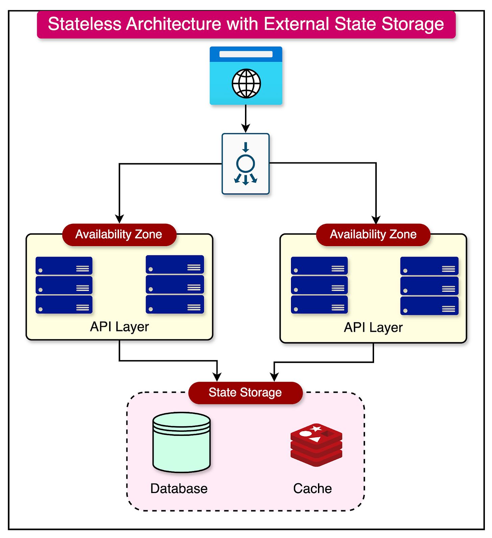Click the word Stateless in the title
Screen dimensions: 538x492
(84, 24)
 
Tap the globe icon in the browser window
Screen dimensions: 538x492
(246, 84)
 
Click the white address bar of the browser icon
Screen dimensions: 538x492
(246, 54)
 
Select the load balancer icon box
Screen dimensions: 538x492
(246, 164)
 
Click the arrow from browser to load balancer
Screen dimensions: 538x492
(246, 118)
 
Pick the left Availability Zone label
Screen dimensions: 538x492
(119, 234)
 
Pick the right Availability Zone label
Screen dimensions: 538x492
(373, 234)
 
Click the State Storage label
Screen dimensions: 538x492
(245, 393)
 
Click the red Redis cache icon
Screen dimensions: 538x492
(316, 445)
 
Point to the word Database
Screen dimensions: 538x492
(179, 489)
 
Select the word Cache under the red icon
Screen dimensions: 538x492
(313, 489)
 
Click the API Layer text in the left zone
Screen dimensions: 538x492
(119, 327)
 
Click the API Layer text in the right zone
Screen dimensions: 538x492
(373, 327)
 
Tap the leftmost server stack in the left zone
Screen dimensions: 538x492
(64, 285)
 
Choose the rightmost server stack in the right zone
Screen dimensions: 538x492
(429, 286)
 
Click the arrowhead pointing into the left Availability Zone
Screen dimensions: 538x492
(119, 219)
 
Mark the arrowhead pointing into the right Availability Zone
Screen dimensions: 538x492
(376, 219)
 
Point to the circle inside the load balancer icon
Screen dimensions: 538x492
(246, 164)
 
